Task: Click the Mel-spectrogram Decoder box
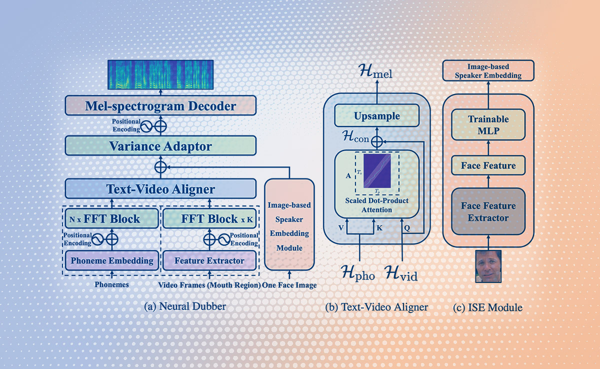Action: click(x=160, y=106)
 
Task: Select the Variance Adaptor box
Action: click(x=160, y=146)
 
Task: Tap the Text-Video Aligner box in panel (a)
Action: click(x=160, y=189)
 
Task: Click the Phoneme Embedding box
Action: click(x=111, y=260)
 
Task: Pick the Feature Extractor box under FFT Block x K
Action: click(x=209, y=260)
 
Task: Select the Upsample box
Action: click(x=377, y=116)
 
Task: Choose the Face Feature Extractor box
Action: click(x=488, y=212)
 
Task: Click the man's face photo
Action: click(x=488, y=266)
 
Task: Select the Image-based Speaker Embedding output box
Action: click(x=488, y=70)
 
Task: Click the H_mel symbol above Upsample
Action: click(x=376, y=74)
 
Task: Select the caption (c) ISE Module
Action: click(x=487, y=306)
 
